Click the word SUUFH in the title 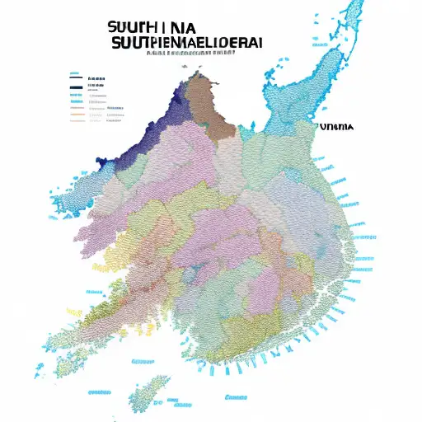tap(131, 25)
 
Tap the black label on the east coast tap(335, 128)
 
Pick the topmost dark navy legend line tap(77, 80)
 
